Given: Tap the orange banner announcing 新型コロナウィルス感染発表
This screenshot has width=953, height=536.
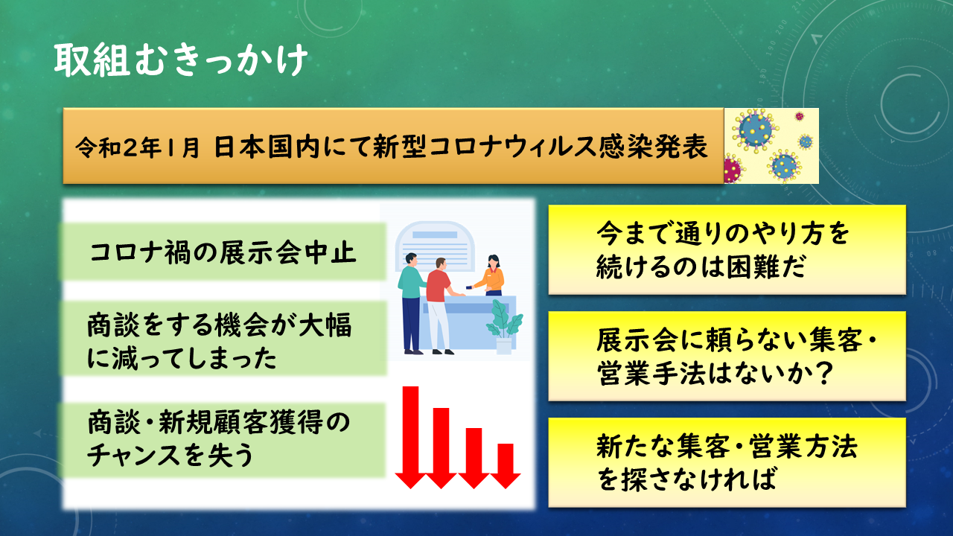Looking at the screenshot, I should click(392, 146).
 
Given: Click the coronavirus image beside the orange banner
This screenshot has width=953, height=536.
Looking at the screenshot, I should click(771, 146).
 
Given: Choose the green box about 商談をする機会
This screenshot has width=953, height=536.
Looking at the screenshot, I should click(223, 339).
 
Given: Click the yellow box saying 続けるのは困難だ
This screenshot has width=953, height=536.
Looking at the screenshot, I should click(727, 249).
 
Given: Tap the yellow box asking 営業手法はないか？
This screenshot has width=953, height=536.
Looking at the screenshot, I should click(727, 356).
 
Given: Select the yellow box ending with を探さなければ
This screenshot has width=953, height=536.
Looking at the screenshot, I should click(727, 462).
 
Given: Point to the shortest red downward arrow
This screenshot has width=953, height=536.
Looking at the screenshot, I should click(506, 465).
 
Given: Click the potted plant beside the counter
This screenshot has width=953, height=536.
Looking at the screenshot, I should click(504, 328).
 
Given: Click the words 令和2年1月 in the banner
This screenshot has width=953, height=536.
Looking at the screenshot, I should click(137, 147).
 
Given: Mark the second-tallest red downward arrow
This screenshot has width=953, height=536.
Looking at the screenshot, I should click(442, 447).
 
